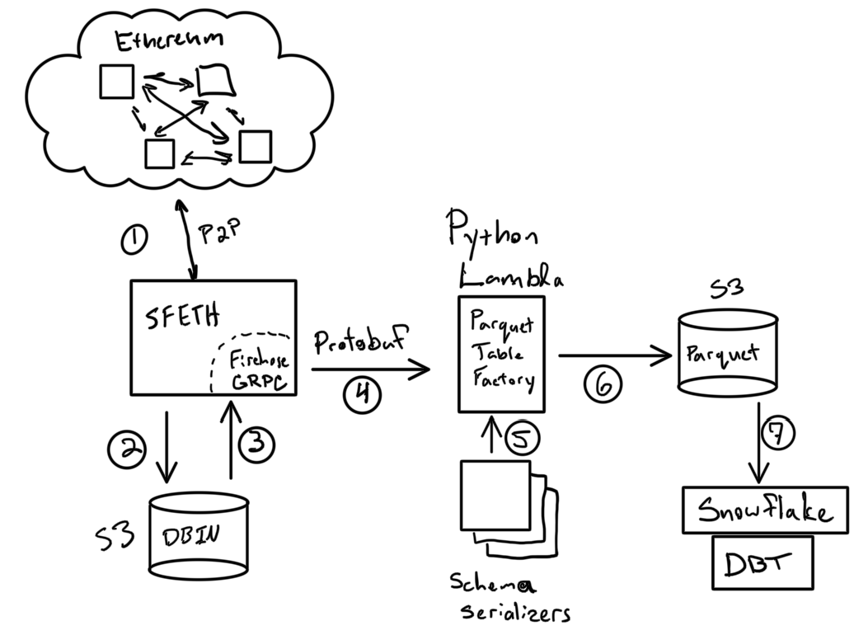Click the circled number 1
tap(134, 240)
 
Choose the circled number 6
tap(603, 383)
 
